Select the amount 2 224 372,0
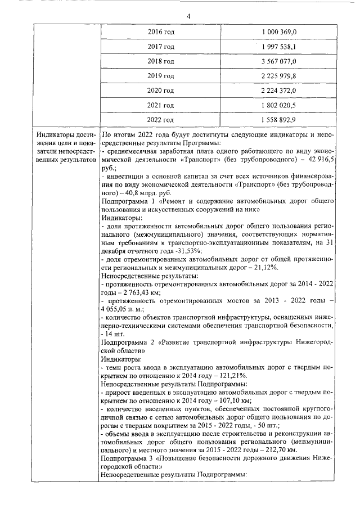point(279,91)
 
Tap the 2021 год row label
point(160,105)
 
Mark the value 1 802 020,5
point(279,105)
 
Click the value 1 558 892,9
point(279,120)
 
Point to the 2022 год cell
point(160,120)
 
